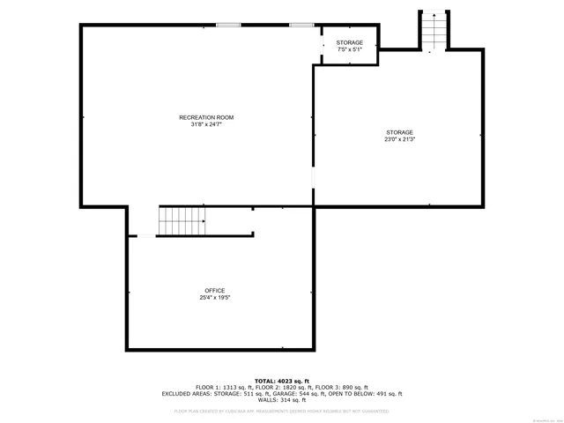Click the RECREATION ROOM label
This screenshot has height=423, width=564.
(206, 117)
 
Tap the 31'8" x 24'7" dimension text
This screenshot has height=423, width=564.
(206, 124)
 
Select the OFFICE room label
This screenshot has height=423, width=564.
(215, 291)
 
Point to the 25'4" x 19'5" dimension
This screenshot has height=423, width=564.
(215, 298)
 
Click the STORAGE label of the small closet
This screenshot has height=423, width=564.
(349, 42)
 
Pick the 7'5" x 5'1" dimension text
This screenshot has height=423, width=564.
(349, 49)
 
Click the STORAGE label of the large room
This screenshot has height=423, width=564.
(398, 132)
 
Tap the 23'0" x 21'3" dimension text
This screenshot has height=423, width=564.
(398, 139)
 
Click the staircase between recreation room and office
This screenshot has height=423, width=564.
(182, 221)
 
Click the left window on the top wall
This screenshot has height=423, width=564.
(228, 25)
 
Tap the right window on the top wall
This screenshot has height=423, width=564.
(301, 25)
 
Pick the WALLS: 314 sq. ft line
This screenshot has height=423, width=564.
(282, 400)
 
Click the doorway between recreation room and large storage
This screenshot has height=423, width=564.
(313, 180)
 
